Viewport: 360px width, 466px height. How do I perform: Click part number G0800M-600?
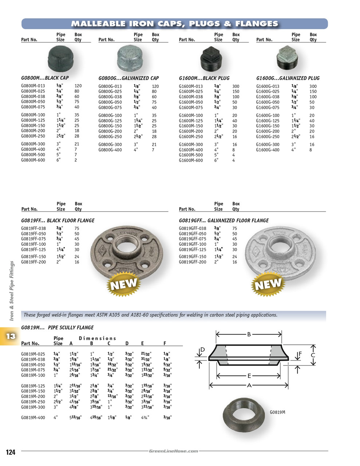coord(33,160)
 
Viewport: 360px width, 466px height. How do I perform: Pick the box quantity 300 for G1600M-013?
coord(236,86)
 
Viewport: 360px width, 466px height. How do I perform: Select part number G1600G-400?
coord(268,150)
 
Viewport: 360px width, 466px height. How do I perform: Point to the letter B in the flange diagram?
coord(249,334)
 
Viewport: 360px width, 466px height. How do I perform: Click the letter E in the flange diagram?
coord(249,376)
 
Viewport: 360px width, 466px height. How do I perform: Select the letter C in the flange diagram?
coord(313,355)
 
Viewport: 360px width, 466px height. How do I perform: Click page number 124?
coord(11,452)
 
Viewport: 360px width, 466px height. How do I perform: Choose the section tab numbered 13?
coord(10,336)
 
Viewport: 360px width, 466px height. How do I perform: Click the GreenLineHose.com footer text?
coord(174,451)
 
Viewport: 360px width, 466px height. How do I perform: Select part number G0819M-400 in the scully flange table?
coord(33,418)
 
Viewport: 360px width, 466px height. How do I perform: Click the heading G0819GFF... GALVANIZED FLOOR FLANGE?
coord(223,221)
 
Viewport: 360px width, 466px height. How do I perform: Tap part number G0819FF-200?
coord(33,262)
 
